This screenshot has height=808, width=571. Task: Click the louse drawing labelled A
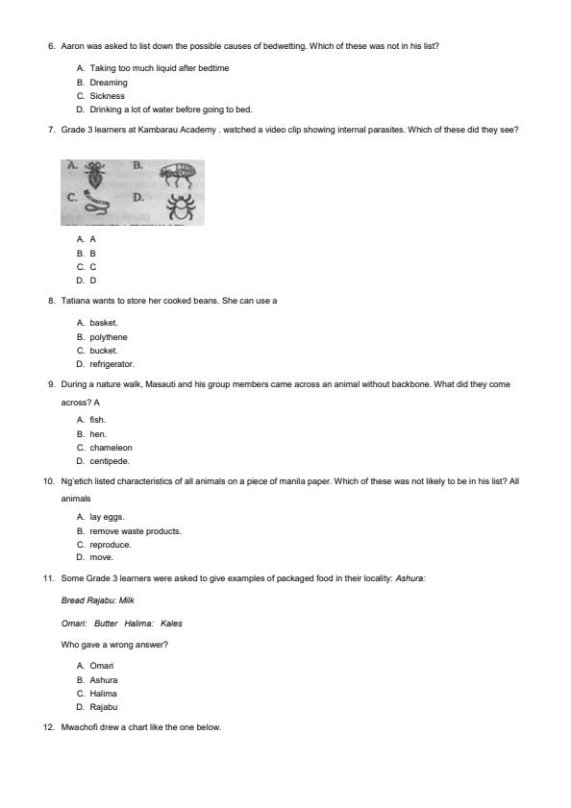click(94, 174)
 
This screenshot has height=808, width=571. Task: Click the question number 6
click(51, 45)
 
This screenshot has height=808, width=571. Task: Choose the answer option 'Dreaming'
click(109, 83)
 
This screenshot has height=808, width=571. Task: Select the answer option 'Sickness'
click(108, 96)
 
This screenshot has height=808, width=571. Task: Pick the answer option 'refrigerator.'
click(112, 364)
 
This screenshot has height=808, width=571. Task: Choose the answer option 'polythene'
click(109, 337)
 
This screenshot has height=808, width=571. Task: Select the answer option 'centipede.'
click(110, 461)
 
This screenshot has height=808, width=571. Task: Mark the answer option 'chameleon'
click(112, 448)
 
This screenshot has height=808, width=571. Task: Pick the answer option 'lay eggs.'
click(108, 517)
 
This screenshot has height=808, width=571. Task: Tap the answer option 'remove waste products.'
click(136, 530)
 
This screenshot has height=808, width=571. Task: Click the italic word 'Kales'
click(171, 624)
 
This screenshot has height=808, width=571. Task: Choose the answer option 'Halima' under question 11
click(104, 693)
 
